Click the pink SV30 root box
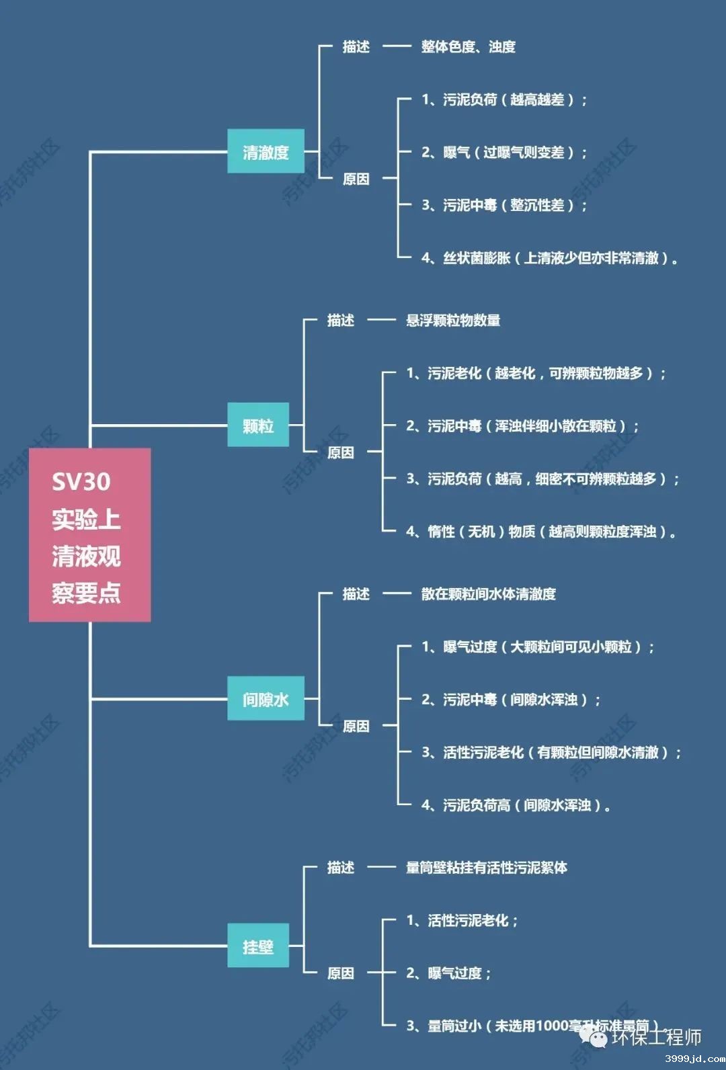click(89, 535)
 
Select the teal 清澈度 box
click(266, 152)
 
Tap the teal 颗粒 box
click(258, 425)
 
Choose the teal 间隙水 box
click(266, 699)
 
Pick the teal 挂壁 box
click(258, 946)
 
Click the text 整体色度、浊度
click(468, 46)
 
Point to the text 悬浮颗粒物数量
click(453, 320)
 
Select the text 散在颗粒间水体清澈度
click(488, 593)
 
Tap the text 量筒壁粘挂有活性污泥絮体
click(486, 867)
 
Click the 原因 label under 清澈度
click(356, 179)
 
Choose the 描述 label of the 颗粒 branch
click(340, 320)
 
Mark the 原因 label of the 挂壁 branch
click(340, 973)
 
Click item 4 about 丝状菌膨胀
click(549, 257)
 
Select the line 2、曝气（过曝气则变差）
click(504, 153)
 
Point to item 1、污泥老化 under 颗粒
click(535, 373)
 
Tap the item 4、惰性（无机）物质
click(540, 532)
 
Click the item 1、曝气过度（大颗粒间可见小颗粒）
click(538, 647)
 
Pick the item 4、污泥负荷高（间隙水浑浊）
click(516, 805)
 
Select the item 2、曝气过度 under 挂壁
click(448, 973)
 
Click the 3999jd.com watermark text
click(694, 1059)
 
